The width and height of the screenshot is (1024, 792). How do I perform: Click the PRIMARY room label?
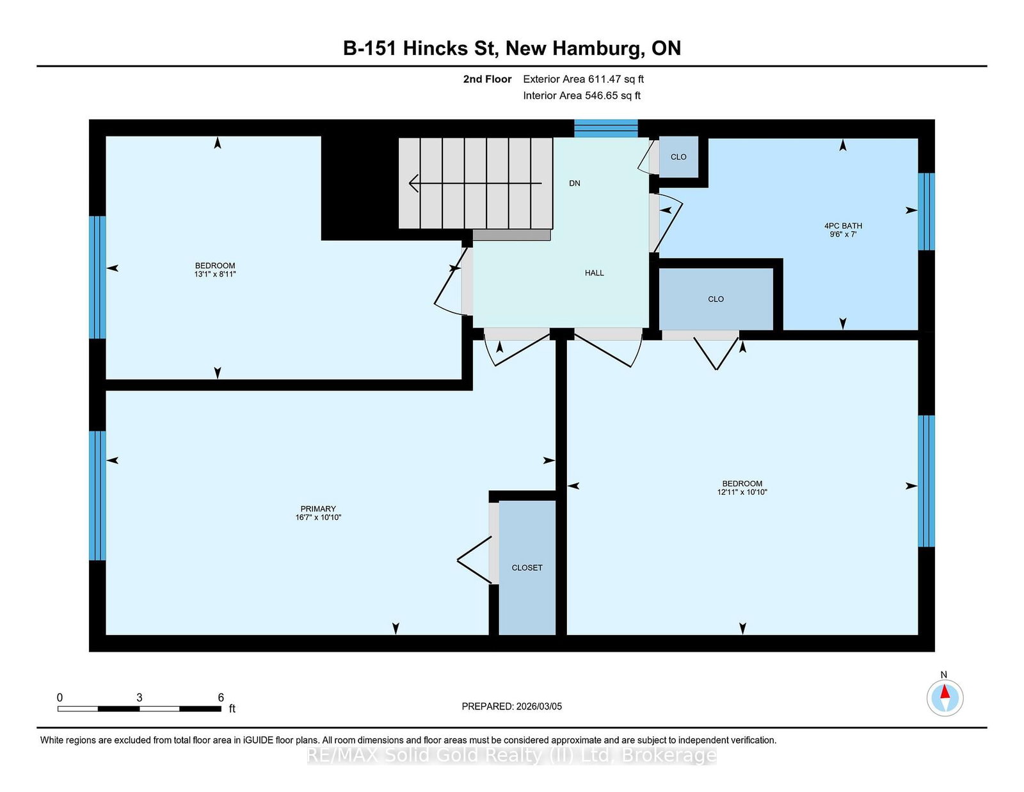click(x=318, y=508)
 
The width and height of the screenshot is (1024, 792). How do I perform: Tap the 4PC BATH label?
click(x=843, y=226)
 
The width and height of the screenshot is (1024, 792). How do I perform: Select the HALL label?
click(x=594, y=273)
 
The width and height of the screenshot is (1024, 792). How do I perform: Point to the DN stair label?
click(x=575, y=183)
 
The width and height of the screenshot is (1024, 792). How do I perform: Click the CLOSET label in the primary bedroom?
click(x=527, y=568)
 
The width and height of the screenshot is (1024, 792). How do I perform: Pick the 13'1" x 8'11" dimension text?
click(x=215, y=274)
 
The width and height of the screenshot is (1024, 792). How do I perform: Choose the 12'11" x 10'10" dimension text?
click(x=742, y=492)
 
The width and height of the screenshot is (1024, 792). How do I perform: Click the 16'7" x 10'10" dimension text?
click(x=318, y=517)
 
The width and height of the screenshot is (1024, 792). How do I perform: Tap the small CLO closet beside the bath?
click(x=678, y=157)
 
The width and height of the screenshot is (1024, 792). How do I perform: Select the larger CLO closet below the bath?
click(x=716, y=299)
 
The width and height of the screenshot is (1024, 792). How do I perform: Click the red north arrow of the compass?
click(x=945, y=691)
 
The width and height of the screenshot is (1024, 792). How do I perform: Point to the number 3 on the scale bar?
click(x=139, y=697)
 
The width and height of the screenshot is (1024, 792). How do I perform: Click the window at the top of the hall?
click(x=605, y=128)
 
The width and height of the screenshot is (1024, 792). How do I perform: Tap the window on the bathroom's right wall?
click(x=927, y=211)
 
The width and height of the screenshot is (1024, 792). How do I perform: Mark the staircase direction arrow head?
click(x=413, y=183)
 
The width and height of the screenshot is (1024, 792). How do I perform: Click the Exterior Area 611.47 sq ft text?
click(x=583, y=79)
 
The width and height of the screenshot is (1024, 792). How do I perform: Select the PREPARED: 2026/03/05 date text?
click(x=512, y=706)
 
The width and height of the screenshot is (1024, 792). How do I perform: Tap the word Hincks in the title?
click(x=435, y=48)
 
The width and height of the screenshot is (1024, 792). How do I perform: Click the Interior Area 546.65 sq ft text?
click(x=582, y=95)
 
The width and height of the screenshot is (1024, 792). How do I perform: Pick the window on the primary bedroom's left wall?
click(x=97, y=496)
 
